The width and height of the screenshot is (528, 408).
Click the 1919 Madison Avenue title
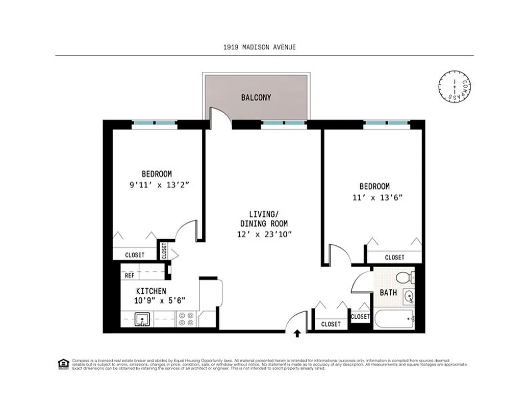[259, 47]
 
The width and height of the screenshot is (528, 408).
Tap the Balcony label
[256, 97]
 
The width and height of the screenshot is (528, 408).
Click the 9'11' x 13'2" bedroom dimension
[160, 186]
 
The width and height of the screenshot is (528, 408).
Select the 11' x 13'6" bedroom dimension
[374, 198]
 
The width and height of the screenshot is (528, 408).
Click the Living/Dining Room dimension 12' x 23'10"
[264, 235]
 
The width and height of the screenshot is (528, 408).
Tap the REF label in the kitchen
[130, 276]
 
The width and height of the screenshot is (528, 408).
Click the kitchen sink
[142, 320]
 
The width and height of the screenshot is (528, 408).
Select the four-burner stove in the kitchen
[187, 319]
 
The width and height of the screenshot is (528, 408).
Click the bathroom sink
[409, 296]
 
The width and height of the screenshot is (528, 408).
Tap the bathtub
[395, 321]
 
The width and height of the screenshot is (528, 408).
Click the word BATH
[388, 293]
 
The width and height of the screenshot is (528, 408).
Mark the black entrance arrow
[297, 334]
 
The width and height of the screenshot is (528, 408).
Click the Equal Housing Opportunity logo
[63, 364]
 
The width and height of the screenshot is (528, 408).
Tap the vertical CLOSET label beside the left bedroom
[164, 251]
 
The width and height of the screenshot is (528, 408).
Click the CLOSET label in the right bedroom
[394, 258]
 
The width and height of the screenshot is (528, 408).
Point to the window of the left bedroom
[155, 123]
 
